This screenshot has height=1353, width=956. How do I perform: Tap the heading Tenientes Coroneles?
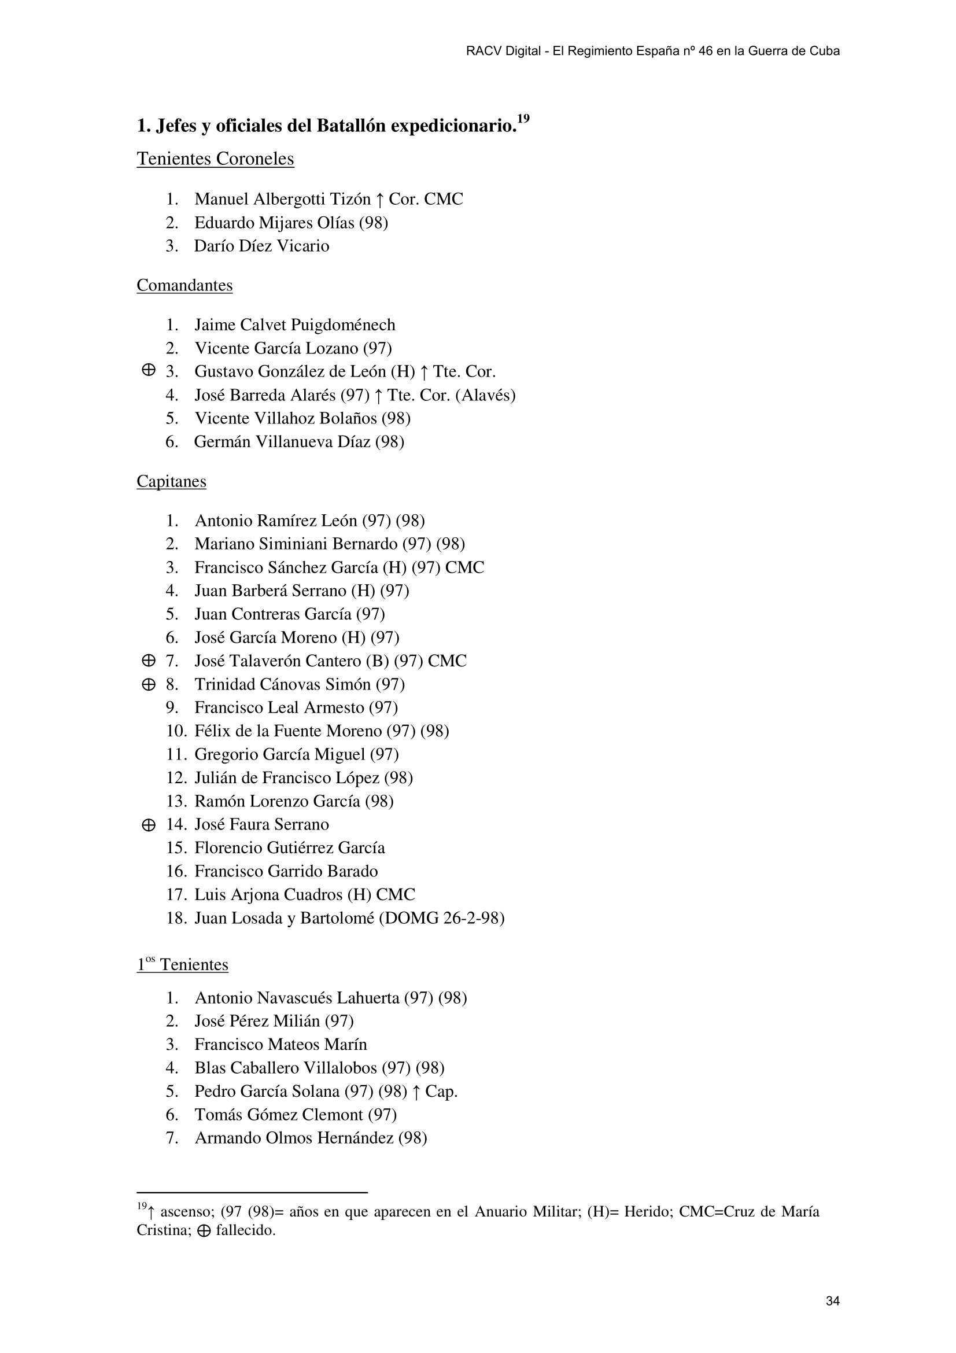pyautogui.click(x=215, y=159)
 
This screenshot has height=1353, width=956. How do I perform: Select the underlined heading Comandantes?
pyautogui.click(x=184, y=285)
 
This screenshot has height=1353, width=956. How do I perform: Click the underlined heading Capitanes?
pyautogui.click(x=171, y=481)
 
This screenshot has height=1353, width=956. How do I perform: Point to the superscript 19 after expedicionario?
pyautogui.click(x=523, y=120)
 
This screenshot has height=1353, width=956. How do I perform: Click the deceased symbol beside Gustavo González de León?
pyautogui.click(x=149, y=370)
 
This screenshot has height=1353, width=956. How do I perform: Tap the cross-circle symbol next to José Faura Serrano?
pyautogui.click(x=149, y=825)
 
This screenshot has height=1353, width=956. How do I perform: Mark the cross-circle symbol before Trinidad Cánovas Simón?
pyautogui.click(x=149, y=684)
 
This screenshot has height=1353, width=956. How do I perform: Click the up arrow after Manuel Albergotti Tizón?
pyautogui.click(x=379, y=200)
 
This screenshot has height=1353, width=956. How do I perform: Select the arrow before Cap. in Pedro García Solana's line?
pyautogui.click(x=416, y=1092)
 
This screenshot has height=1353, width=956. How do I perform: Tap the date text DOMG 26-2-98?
pyautogui.click(x=441, y=918)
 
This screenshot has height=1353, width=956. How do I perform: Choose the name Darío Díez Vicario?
pyautogui.click(x=261, y=246)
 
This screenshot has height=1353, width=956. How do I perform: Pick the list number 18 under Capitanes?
pyautogui.click(x=176, y=918)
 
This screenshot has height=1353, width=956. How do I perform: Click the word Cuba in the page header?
pyautogui.click(x=824, y=51)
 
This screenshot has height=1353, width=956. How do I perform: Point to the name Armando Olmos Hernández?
pyautogui.click(x=294, y=1138)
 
